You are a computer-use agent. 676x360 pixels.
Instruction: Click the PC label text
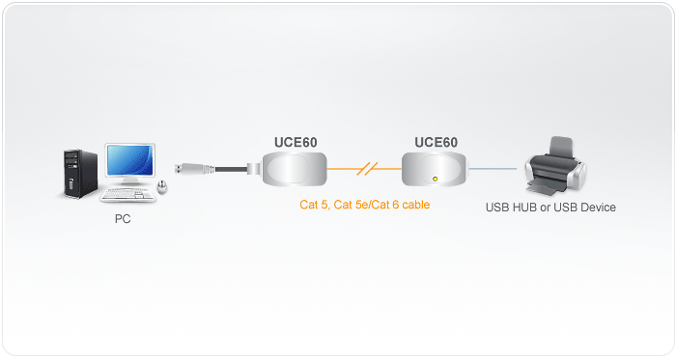pos(122,219)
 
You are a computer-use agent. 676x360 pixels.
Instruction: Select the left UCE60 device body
pos(294,169)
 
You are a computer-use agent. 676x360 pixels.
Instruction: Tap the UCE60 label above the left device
pos(296,142)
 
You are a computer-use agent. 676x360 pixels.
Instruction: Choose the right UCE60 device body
pos(435,170)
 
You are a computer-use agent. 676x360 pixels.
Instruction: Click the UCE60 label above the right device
pos(436,142)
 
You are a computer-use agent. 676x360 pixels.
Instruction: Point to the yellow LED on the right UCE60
pos(437,179)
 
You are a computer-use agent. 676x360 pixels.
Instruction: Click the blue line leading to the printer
pos(493,170)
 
